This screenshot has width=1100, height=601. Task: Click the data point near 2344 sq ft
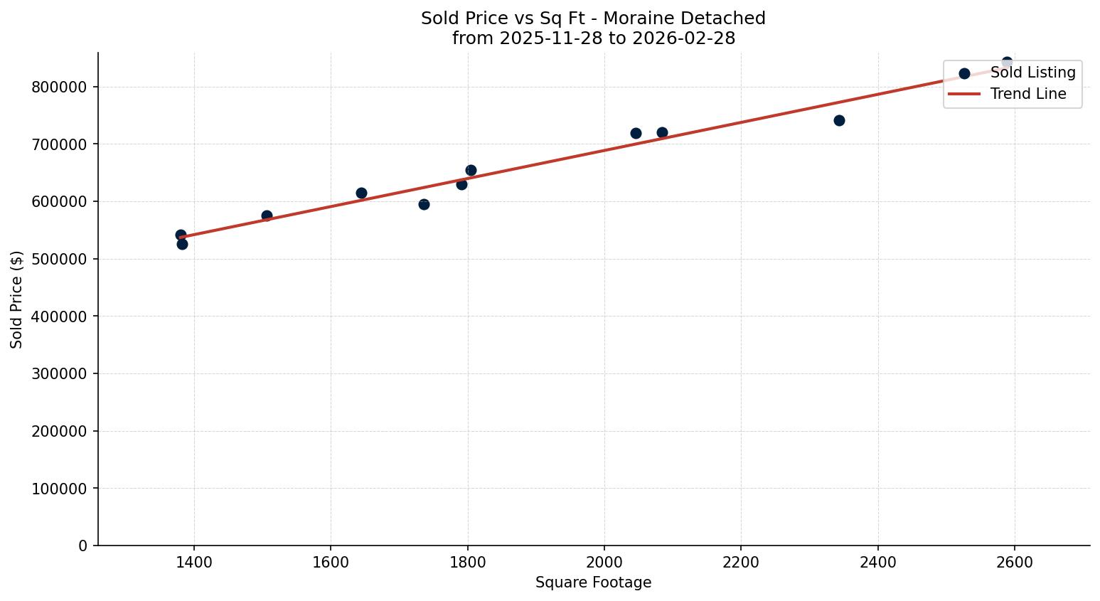point(839,120)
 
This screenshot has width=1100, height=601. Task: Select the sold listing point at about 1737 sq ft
point(424,204)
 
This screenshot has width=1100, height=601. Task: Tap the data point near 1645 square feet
point(361,193)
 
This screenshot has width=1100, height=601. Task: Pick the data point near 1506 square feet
point(267,216)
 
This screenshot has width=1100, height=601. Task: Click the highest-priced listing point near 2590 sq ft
point(1007,63)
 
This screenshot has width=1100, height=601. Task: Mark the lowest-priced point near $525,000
point(182,244)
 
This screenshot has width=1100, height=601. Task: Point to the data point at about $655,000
point(471,170)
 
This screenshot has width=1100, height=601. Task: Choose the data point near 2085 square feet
point(662,132)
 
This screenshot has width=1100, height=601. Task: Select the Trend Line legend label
point(1028,94)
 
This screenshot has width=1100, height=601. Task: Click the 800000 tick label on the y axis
point(59,87)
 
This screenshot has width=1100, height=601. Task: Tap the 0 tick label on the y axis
point(82,546)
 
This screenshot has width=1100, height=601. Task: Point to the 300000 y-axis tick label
point(59,373)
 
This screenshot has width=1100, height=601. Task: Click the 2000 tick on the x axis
point(604,562)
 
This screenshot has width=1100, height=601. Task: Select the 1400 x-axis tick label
point(194,562)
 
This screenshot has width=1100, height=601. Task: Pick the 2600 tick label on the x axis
point(1015,562)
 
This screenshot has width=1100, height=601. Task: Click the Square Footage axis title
point(593,583)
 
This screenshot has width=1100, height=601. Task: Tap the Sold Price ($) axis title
point(16,299)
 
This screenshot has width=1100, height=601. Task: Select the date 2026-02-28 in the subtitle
point(688,38)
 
